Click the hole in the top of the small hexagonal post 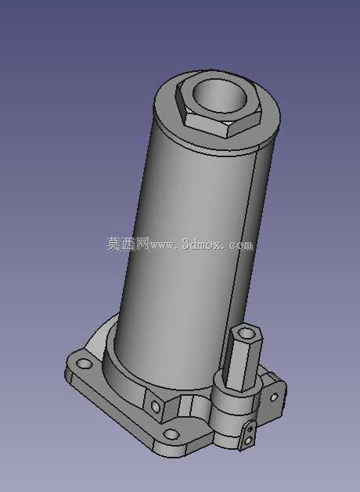247,333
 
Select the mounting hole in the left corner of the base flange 84,364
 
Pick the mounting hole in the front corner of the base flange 171,435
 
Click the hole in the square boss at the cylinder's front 156,407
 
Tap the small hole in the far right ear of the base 273,397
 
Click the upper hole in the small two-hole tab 250,428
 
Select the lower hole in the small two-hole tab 249,441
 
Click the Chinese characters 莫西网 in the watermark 128,244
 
